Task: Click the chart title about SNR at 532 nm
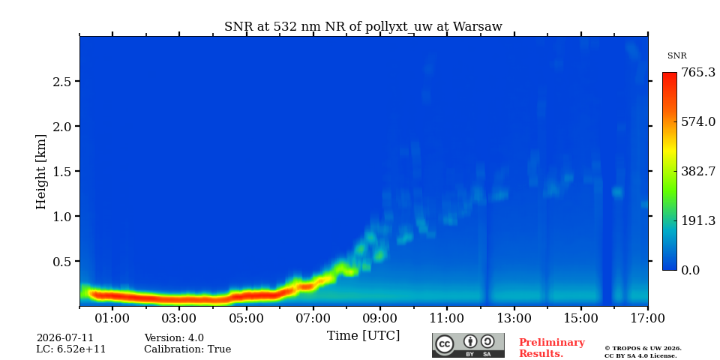363,26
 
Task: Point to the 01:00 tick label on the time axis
112,318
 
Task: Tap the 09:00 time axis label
381,318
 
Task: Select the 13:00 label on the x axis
514,318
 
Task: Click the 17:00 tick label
648,318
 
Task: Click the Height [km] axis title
41,172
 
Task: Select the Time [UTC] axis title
363,336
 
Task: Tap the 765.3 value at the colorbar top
698,73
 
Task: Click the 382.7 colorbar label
698,171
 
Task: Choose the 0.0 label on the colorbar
690,270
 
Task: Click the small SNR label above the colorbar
676,56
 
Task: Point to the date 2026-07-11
64,338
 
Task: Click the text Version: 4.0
174,338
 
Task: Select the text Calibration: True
187,349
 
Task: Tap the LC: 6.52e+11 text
71,349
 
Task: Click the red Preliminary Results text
552,348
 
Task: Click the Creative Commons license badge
468,345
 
